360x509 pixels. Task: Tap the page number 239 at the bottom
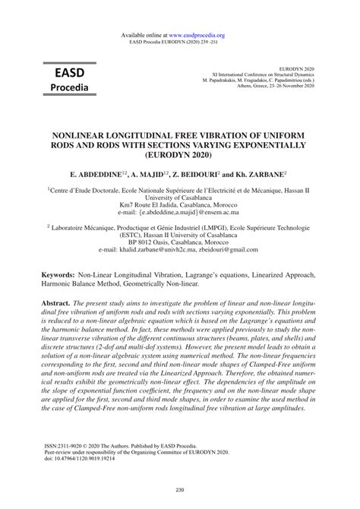[x=180, y=488]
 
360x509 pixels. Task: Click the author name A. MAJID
[x=151, y=173]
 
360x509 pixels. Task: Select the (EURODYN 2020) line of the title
[x=180, y=154]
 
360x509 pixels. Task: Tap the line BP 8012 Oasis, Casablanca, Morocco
[x=180, y=248]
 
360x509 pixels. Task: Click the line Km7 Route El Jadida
[x=180, y=204]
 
